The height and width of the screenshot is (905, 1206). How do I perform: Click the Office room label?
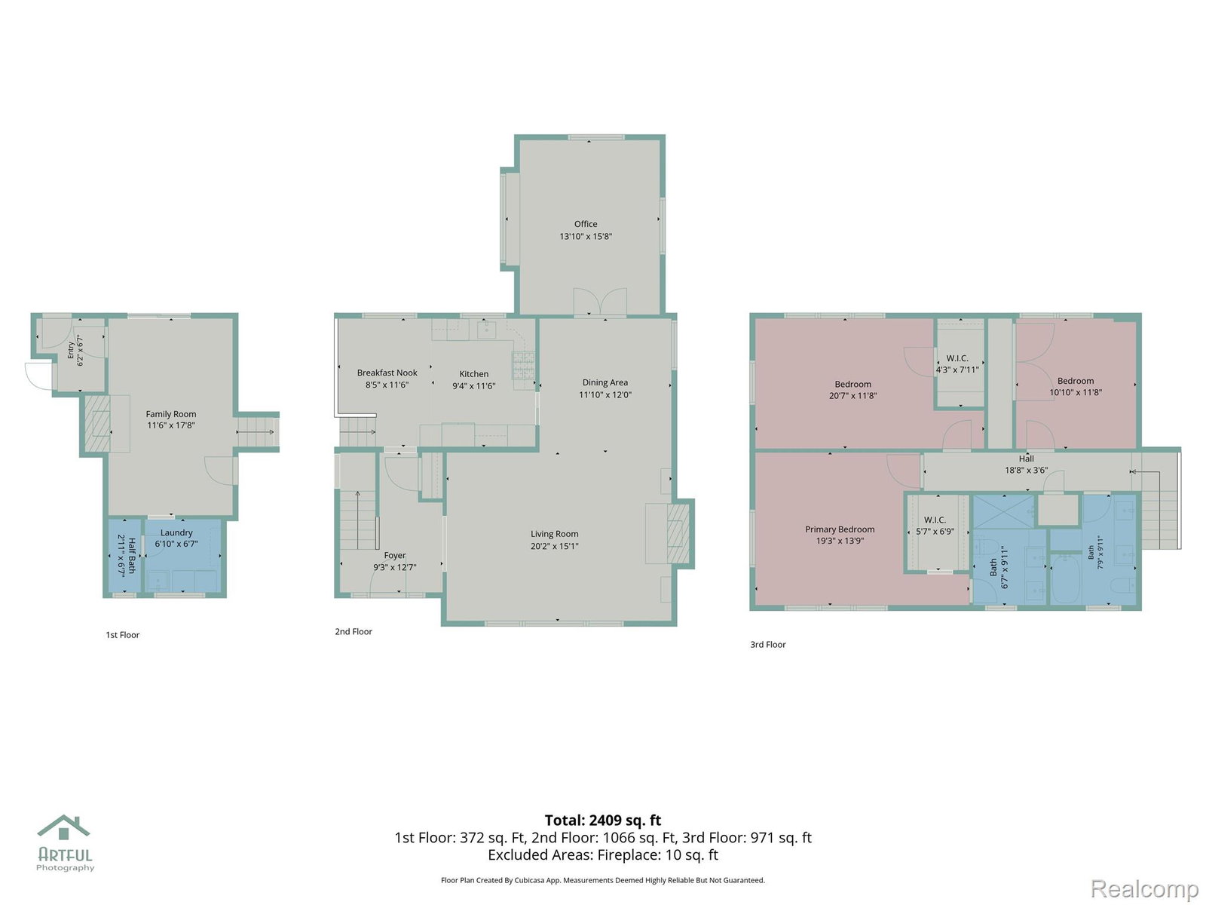[585, 224]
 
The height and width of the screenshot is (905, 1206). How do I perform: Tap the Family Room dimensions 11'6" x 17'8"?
[171, 425]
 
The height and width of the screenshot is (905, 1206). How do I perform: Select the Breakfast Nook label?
[387, 373]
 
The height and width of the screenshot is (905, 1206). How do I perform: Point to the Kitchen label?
[473, 373]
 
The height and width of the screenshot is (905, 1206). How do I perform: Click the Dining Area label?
[605, 382]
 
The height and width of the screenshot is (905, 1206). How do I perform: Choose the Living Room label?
[554, 534]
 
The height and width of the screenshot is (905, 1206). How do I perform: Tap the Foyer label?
[394, 556]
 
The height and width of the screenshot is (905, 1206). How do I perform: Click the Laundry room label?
[176, 533]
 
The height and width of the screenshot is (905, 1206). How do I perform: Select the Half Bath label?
[131, 555]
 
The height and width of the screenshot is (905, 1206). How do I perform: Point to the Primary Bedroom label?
[840, 529]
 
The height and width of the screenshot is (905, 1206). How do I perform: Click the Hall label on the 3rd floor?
[1026, 459]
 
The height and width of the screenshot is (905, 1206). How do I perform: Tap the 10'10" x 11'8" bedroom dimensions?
[1076, 392]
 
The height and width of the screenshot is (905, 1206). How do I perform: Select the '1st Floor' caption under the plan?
[123, 635]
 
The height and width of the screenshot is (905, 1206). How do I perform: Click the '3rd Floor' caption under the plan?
[767, 645]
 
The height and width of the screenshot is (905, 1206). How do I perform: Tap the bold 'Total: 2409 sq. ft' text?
[603, 821]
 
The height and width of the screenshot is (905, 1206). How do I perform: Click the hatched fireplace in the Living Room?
[678, 533]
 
